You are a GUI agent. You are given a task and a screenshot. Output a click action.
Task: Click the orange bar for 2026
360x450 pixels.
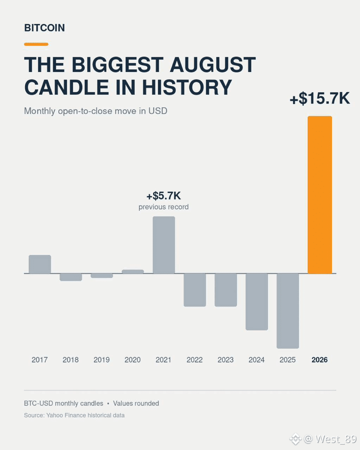point(320,195)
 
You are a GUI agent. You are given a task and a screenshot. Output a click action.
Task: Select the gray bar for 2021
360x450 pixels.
point(163,245)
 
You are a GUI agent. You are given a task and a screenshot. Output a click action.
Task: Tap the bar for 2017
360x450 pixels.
point(40,264)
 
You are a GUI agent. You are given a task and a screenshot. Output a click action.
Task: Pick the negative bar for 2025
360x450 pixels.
point(288,311)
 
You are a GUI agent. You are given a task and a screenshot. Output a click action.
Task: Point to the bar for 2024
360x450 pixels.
point(257,302)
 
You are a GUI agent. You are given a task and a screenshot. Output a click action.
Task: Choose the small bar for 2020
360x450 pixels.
point(133,271)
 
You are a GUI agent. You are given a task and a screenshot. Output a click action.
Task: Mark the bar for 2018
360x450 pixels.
point(71,277)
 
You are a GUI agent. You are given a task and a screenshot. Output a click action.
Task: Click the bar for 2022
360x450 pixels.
point(195,290)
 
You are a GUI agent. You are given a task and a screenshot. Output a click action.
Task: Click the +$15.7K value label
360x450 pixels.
point(320,98)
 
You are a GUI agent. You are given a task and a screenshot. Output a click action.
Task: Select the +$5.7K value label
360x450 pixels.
point(163,196)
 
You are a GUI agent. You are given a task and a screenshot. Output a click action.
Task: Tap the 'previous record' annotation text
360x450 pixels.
point(163,207)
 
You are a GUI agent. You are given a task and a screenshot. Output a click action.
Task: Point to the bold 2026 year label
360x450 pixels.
point(320,360)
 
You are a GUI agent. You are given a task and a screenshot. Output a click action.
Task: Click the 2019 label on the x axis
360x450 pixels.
point(102,360)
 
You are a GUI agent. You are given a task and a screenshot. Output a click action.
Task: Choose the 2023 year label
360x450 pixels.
point(226,360)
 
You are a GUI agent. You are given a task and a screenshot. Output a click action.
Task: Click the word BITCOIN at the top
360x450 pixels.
point(44,28)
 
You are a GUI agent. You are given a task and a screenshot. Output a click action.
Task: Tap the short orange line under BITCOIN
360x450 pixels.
point(36,44)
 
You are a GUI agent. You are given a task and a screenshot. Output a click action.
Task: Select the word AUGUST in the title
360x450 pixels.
point(213,65)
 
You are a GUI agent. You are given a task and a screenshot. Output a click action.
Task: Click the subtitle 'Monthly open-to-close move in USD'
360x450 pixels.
point(96,111)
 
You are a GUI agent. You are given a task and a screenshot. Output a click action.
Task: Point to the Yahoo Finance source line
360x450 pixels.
point(74,415)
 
